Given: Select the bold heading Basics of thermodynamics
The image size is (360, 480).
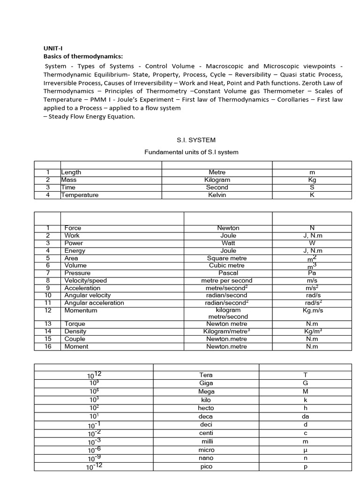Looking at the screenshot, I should (83, 56).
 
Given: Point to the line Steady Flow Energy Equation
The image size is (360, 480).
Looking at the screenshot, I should (91, 117).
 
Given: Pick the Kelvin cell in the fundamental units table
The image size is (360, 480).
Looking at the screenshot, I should (217, 195).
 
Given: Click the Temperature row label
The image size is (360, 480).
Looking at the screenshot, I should (80, 195).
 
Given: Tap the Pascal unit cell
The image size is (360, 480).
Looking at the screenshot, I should (228, 273).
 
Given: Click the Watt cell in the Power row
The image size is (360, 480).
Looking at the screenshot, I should (228, 243).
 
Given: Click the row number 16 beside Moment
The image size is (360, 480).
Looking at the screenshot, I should (47, 346).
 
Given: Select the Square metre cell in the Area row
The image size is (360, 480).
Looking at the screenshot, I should (227, 258).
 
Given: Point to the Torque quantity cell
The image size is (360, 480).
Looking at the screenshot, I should (75, 324).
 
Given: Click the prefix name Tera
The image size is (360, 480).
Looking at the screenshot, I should (206, 375).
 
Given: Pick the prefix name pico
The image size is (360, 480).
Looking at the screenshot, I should (206, 467).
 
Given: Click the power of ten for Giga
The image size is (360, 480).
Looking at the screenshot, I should (94, 382).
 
